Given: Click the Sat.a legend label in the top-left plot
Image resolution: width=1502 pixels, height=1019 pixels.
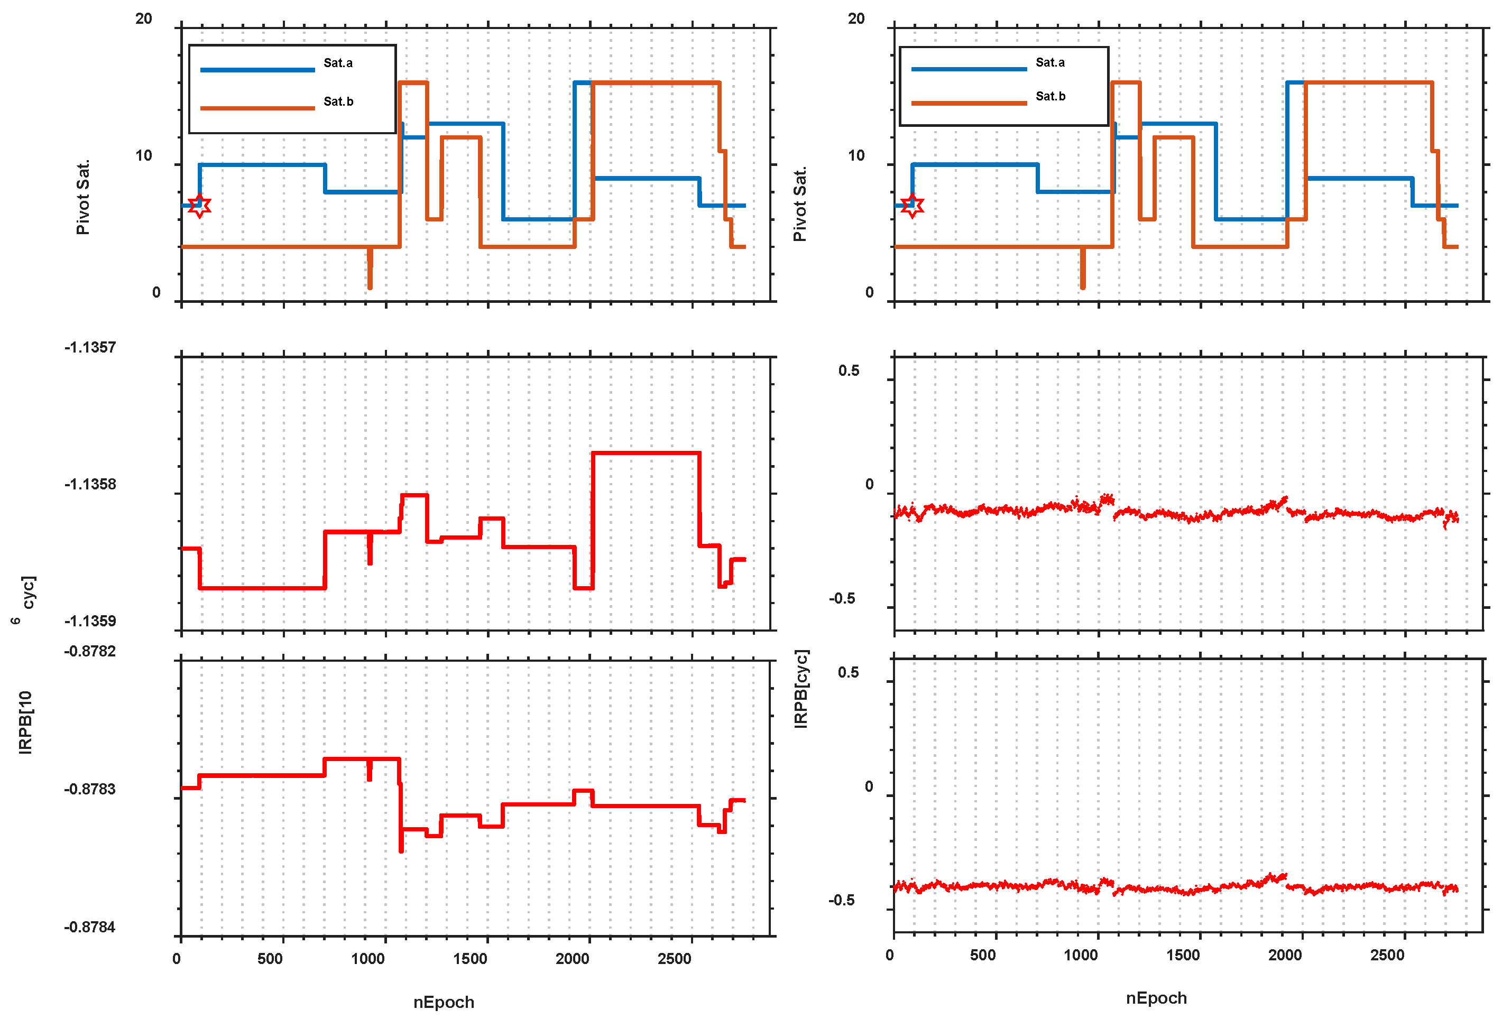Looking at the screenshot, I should tap(338, 63).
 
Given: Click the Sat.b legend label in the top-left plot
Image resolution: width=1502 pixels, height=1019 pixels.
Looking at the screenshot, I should tap(338, 101).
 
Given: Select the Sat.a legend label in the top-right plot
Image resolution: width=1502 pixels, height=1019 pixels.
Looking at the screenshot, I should tap(1049, 62).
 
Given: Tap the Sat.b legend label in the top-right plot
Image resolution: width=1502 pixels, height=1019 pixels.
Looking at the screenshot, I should tap(1049, 96).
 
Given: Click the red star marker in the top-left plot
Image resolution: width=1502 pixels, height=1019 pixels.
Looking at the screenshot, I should tap(200, 206).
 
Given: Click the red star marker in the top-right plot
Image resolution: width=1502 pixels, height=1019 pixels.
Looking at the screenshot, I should tap(912, 206).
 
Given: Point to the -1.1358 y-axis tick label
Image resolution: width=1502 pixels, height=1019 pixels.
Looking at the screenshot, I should tap(90, 484).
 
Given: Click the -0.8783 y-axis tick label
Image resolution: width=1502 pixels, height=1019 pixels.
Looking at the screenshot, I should tap(90, 789).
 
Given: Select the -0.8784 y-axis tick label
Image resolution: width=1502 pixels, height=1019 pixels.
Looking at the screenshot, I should tap(90, 927).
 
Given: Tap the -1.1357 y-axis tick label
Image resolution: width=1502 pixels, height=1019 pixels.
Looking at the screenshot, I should tap(90, 347).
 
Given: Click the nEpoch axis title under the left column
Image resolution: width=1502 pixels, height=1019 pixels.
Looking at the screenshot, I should tap(444, 1002).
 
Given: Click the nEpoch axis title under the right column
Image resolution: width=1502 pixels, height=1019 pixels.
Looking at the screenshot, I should tap(1156, 998).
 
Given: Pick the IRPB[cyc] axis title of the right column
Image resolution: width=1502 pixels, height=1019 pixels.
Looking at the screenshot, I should tap(801, 689).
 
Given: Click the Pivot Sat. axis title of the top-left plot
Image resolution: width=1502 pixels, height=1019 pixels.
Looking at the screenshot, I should tap(82, 197).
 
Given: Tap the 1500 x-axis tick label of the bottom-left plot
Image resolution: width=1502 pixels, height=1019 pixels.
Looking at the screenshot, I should tap(470, 958).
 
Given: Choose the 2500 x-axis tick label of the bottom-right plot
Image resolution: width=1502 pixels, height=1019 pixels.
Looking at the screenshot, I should tap(1387, 955).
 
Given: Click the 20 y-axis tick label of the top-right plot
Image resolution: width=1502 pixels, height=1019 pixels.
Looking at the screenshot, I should tap(856, 18).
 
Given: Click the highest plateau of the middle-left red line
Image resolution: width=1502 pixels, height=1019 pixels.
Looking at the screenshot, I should tap(646, 453).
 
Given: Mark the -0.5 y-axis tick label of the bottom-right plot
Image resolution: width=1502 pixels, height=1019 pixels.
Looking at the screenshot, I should tap(842, 900).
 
